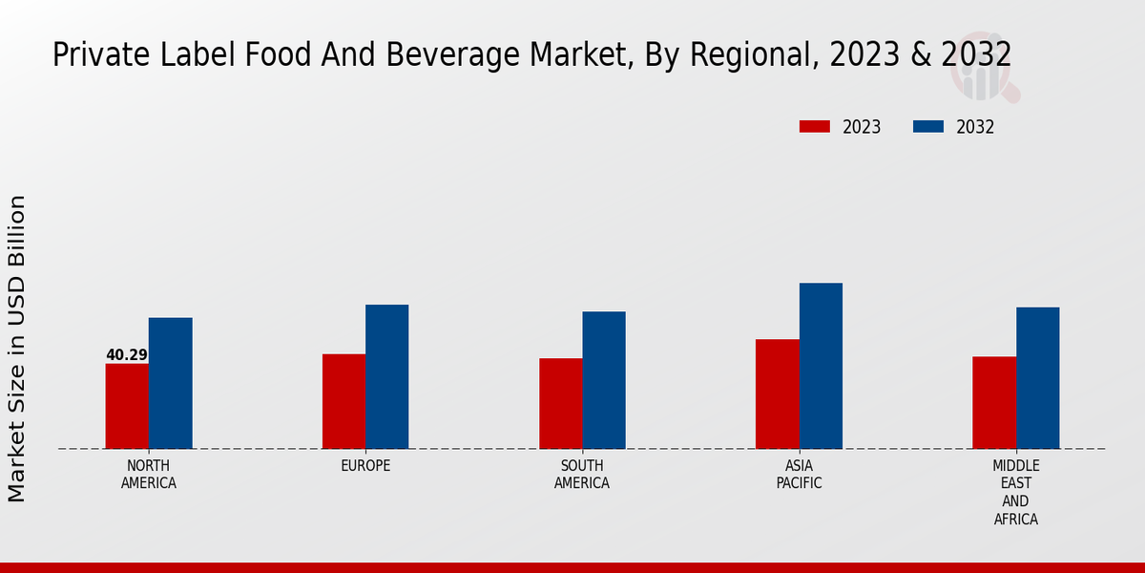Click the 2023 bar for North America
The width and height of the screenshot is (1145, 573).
pyautogui.click(x=127, y=406)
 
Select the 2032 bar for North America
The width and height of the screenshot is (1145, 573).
pyautogui.click(x=170, y=383)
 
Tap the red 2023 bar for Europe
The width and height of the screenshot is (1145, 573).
pyautogui.click(x=343, y=401)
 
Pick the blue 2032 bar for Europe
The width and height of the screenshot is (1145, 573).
pyautogui.click(x=386, y=376)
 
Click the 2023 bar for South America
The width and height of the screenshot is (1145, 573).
pyautogui.click(x=560, y=403)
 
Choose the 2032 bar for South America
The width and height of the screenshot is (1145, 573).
pyautogui.click(x=604, y=380)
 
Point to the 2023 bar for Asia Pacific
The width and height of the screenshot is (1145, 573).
pyautogui.click(x=777, y=393)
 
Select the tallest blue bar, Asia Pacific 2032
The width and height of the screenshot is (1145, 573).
pyautogui.click(x=821, y=366)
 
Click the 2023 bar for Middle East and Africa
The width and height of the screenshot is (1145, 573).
pyautogui.click(x=994, y=402)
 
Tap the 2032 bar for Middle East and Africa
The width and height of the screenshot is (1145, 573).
pyautogui.click(x=1037, y=377)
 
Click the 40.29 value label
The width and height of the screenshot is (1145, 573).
pyautogui.click(x=127, y=355)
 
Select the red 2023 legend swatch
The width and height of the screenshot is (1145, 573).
pyautogui.click(x=815, y=127)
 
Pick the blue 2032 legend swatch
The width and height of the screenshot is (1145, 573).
pyautogui.click(x=928, y=127)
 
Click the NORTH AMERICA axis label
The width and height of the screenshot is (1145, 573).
pyautogui.click(x=149, y=475)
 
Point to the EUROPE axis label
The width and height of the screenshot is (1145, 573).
pyautogui.click(x=365, y=466)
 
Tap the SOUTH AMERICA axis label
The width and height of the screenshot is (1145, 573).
pyautogui.click(x=582, y=475)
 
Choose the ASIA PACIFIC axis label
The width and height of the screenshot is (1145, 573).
pyautogui.click(x=799, y=475)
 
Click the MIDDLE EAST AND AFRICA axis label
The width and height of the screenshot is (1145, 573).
pyautogui.click(x=1015, y=493)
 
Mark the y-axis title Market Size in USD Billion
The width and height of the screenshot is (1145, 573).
pyautogui.click(x=17, y=349)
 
